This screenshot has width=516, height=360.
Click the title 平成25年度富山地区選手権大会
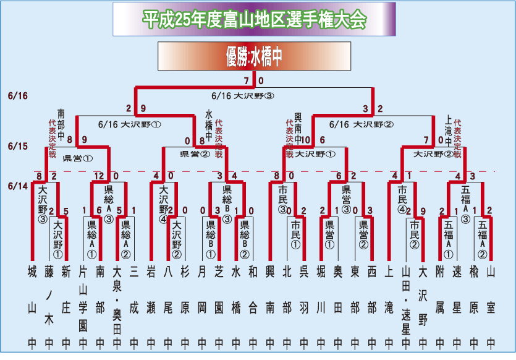[x=254, y=20]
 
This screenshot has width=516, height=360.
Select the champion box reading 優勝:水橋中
[x=254, y=57]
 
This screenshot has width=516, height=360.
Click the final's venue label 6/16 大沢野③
[x=242, y=96]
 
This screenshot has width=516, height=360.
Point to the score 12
[x=99, y=177]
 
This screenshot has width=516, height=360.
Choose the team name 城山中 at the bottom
[x=32, y=306]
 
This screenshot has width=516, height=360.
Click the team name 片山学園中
[x=83, y=306]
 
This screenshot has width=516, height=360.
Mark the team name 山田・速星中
[x=405, y=306]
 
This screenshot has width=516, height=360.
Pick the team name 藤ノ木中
[x=49, y=306]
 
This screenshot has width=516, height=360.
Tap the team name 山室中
[x=490, y=306]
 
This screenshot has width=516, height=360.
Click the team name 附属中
[x=439, y=306]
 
